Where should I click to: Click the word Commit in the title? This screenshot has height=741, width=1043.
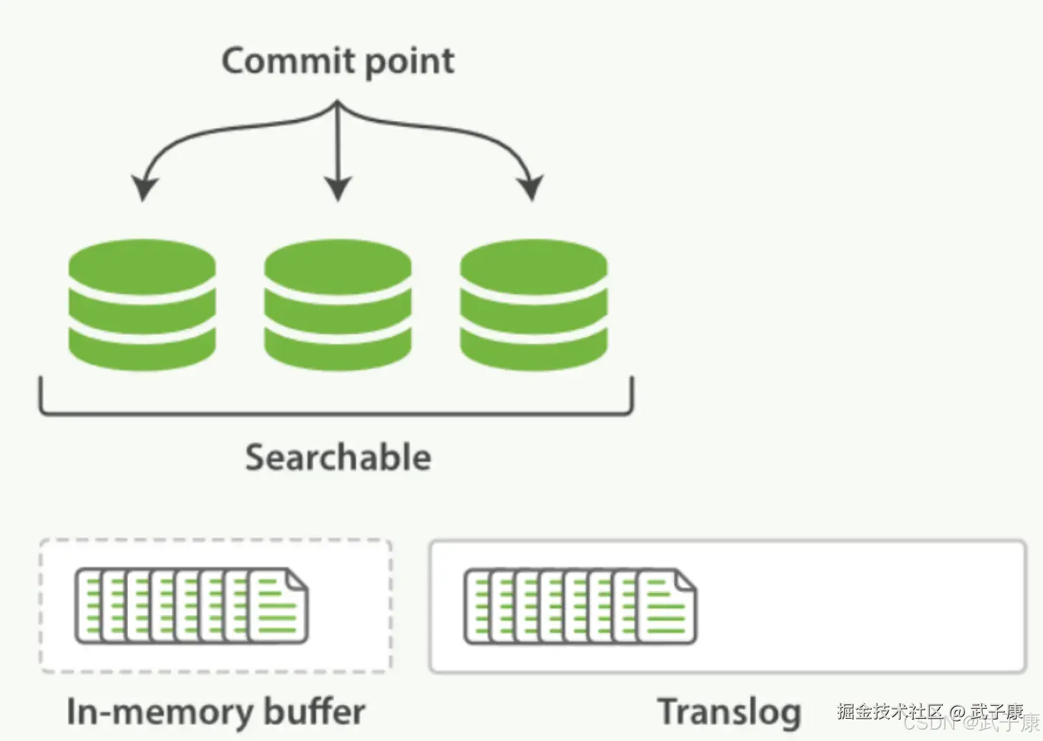[x=289, y=61]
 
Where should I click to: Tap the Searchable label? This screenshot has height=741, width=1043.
[x=338, y=458]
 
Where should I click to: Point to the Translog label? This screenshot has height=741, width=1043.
[x=729, y=712]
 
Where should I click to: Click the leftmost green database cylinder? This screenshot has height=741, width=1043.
[x=142, y=305]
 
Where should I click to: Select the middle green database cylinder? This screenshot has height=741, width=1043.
[x=338, y=305]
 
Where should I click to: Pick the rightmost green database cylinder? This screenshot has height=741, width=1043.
[x=533, y=305]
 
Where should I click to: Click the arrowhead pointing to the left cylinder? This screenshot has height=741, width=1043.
[x=144, y=187]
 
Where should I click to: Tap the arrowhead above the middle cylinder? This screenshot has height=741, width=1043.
[x=338, y=189]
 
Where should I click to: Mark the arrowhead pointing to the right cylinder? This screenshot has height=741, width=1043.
[x=531, y=187]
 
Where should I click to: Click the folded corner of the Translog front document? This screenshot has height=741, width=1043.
[x=685, y=581]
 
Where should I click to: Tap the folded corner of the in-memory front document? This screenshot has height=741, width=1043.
[x=297, y=580]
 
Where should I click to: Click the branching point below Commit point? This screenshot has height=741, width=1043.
[x=338, y=106]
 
